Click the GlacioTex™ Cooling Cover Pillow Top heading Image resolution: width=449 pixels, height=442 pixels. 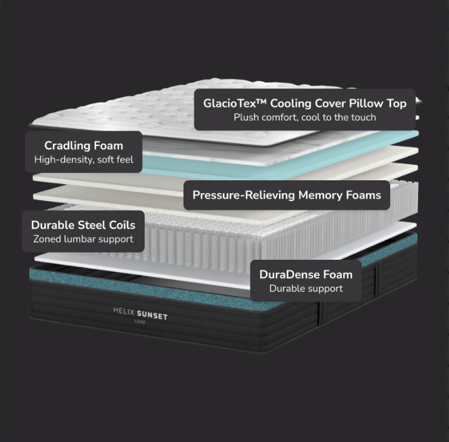(x=305, y=103)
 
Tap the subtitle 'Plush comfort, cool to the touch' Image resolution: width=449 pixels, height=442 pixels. (x=305, y=118)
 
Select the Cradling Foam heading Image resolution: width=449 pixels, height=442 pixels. (x=83, y=145)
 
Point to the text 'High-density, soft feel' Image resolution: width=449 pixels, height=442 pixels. (x=83, y=160)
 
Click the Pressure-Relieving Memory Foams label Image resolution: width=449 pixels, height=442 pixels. (x=287, y=195)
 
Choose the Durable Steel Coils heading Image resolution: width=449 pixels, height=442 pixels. (x=83, y=225)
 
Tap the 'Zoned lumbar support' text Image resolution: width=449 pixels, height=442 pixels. (x=83, y=239)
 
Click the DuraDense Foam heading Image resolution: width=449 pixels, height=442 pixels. (x=306, y=275)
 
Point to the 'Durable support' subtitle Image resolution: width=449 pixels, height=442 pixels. (x=306, y=288)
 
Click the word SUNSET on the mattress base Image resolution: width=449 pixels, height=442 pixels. (x=152, y=315)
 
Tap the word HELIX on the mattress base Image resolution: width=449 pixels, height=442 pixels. (x=123, y=311)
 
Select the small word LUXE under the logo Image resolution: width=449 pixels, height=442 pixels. (x=140, y=322)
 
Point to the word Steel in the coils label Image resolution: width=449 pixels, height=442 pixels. (x=92, y=225)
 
